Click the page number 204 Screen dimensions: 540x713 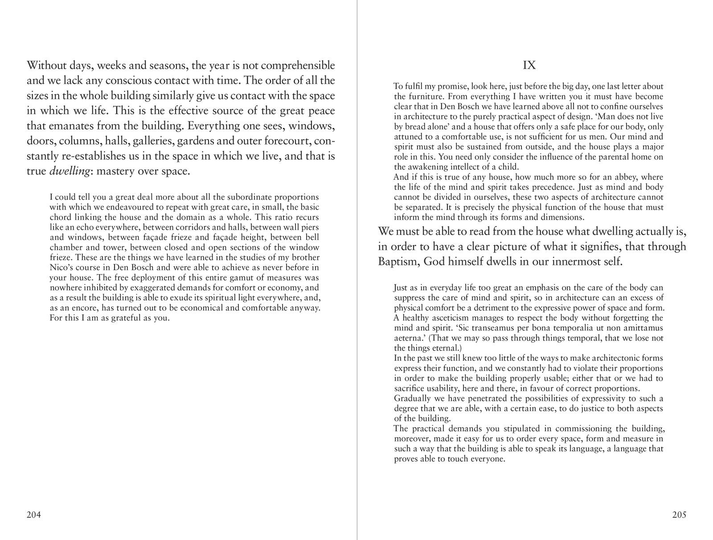pyautogui.click(x=34, y=515)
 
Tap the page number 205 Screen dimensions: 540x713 pyautogui.click(x=679, y=515)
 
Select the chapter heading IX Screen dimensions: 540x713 pyautogui.click(x=529, y=66)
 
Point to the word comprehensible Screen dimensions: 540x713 pyautogui.click(x=298, y=66)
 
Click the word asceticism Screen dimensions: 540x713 pyautogui.click(x=449, y=318)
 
